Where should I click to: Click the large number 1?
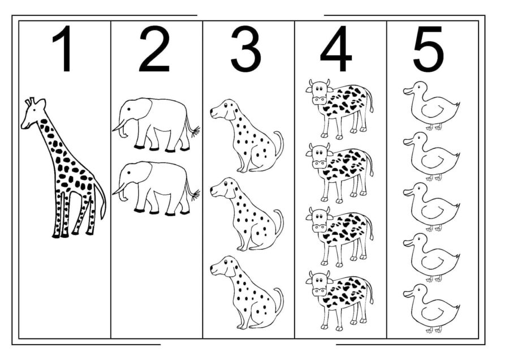pyautogui.click(x=64, y=50)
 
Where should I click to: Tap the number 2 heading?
pyautogui.click(x=154, y=50)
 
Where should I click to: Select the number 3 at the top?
pyautogui.click(x=246, y=50)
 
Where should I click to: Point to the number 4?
pyautogui.click(x=336, y=50)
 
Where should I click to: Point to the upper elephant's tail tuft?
pyautogui.click(x=195, y=131)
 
